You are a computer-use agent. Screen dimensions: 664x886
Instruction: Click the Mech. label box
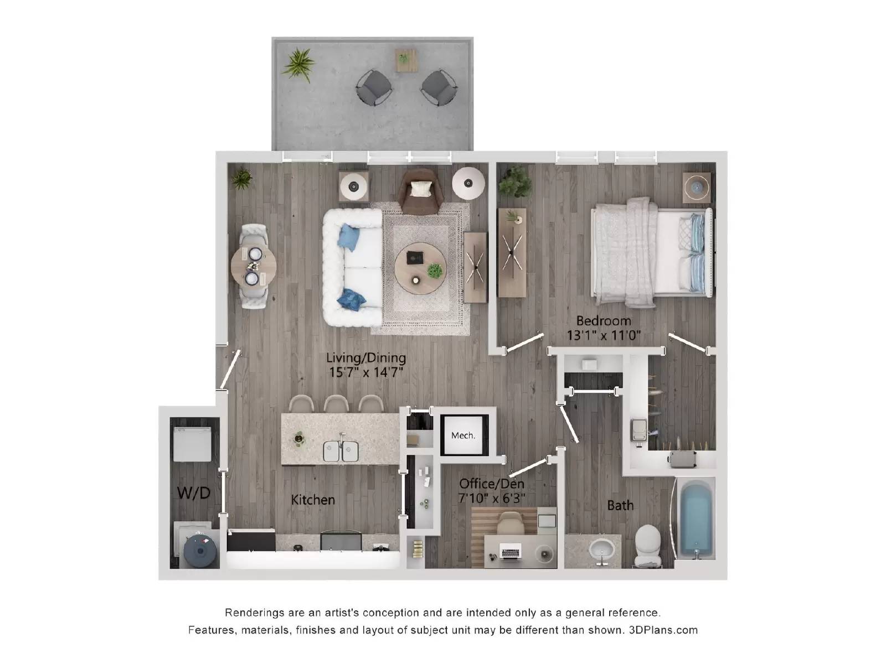pyautogui.click(x=463, y=435)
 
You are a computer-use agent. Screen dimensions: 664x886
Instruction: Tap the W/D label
pyautogui.click(x=193, y=492)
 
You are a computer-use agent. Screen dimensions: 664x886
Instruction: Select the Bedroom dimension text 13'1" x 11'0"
pyautogui.click(x=604, y=335)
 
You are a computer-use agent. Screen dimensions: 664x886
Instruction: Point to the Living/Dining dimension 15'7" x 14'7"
pyautogui.click(x=365, y=372)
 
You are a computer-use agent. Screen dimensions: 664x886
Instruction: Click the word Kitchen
pyautogui.click(x=313, y=500)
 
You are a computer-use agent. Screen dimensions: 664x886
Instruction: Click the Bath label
pyautogui.click(x=620, y=505)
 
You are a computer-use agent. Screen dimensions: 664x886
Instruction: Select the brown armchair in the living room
pyautogui.click(x=421, y=191)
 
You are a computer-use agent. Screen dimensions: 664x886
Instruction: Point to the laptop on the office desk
pyautogui.click(x=511, y=551)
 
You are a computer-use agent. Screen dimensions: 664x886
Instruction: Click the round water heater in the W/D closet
pyautogui.click(x=198, y=550)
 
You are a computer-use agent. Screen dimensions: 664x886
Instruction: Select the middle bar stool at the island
pyautogui.click(x=335, y=403)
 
